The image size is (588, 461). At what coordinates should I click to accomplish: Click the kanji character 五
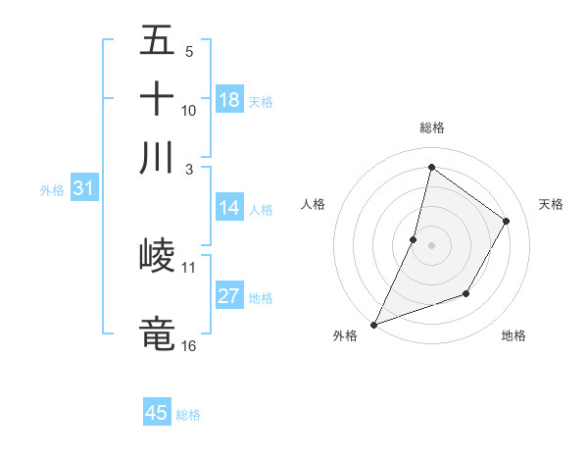click(157, 42)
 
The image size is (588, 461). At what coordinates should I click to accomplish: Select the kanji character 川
click(157, 156)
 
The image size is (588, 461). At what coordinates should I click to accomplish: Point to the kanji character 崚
click(157, 257)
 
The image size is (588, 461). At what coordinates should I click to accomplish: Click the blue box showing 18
click(229, 99)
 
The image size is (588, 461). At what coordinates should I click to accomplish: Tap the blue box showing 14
click(229, 208)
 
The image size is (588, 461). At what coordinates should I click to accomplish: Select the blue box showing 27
click(229, 296)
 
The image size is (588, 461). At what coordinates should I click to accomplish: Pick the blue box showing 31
click(83, 189)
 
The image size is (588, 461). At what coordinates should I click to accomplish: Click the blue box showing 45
click(157, 413)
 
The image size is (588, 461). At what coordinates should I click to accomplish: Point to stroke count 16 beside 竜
click(189, 345)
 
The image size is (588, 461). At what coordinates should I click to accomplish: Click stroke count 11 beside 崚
click(189, 267)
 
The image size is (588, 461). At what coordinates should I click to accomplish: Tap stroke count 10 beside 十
click(189, 111)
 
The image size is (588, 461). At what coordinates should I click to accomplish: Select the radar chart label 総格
click(431, 128)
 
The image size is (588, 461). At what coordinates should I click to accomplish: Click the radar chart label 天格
click(551, 204)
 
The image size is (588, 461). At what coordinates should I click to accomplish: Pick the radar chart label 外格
click(345, 336)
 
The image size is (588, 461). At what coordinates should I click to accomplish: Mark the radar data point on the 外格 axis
click(373, 324)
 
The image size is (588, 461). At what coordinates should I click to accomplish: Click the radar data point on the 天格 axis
click(507, 221)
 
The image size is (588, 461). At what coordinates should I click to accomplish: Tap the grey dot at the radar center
click(431, 244)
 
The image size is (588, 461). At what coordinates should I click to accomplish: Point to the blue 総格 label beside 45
click(188, 415)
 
